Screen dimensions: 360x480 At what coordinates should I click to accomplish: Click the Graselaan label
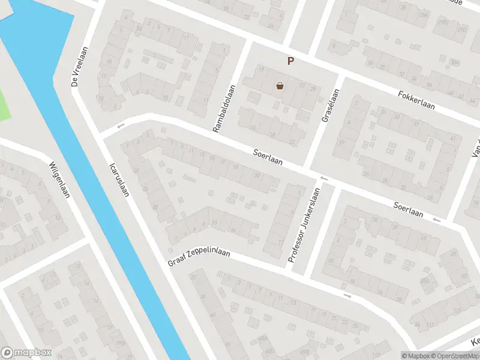point(331,106)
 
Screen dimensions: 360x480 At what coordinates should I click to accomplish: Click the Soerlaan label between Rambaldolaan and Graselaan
point(267,159)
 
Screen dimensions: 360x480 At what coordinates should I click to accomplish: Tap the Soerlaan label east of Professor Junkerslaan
point(408,209)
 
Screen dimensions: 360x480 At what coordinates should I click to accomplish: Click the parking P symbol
point(291,61)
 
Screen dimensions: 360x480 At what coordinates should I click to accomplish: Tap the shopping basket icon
point(280,86)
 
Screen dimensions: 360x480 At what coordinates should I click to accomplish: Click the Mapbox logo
point(26,353)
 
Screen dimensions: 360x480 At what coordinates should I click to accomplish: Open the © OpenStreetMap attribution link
point(454,356)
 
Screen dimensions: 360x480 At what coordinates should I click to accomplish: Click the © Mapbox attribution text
point(416,356)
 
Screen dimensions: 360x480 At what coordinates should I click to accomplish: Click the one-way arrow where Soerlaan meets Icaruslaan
point(121,126)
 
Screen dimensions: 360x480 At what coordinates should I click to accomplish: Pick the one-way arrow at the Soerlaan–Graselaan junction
point(324,178)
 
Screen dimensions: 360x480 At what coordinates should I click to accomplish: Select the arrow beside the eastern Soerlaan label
point(436,220)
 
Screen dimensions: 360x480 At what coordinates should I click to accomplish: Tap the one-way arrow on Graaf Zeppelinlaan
point(347,296)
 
